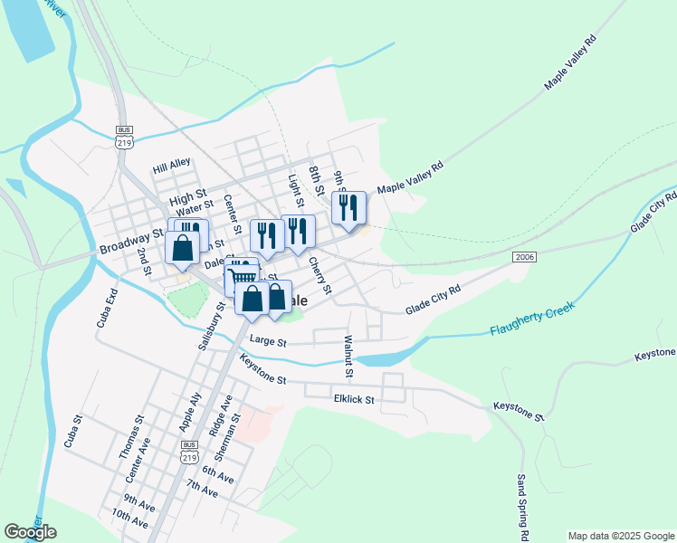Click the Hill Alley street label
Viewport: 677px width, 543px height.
pos(172,166)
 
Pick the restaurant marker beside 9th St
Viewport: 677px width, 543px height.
pos(348,208)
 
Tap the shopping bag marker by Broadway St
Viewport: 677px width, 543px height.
pos(182,248)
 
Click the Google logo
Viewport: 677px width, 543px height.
pos(30,531)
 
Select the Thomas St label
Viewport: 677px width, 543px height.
pos(130,438)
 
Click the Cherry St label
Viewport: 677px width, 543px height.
pos(319,276)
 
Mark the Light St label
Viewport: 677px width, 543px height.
pos(293,191)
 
